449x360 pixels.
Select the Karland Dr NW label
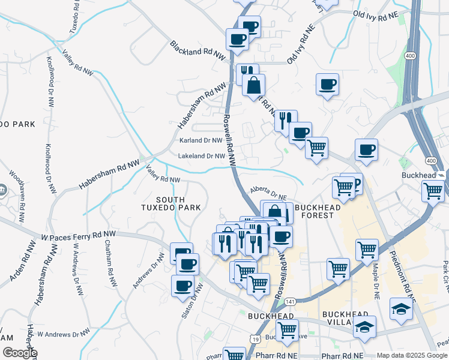201,141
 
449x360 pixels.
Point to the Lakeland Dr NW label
201,156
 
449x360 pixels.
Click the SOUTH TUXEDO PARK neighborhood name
178,204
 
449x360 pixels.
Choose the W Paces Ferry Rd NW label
78,236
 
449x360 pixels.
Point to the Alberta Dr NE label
270,194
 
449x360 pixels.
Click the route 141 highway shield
290,301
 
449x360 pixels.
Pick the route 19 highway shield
256,340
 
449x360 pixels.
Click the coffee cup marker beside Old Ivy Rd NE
327,85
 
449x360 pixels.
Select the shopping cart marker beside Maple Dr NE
367,249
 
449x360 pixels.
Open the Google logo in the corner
19,353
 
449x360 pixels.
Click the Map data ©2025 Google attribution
412,355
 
